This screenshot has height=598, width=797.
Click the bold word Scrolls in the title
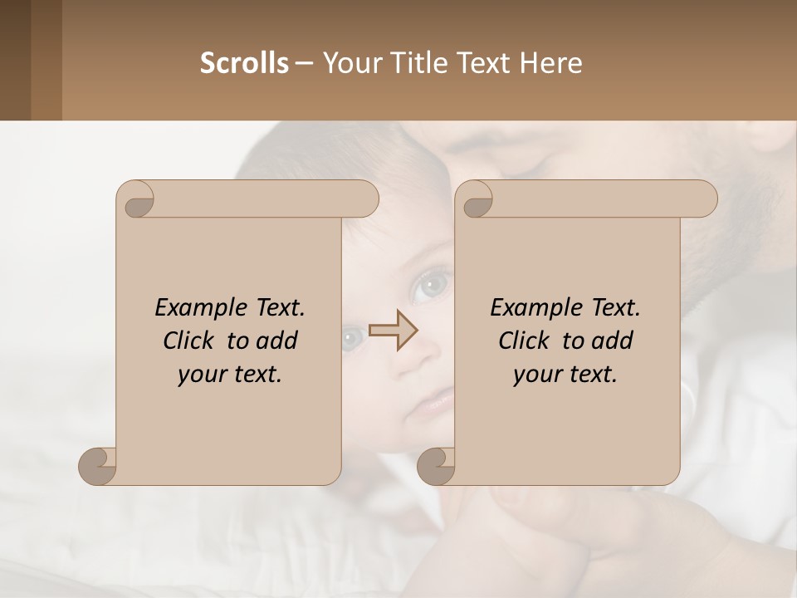tap(244, 63)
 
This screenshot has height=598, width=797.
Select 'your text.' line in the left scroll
tap(229, 375)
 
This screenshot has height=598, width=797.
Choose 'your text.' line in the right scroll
tap(565, 375)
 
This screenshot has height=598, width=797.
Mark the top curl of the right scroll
tap(477, 200)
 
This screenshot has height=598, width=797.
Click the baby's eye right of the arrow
tap(431, 287)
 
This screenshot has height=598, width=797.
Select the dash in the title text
tap(304, 64)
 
